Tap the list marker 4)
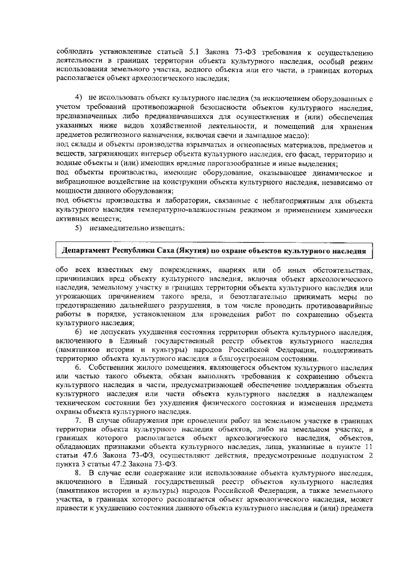pos(79,99)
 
